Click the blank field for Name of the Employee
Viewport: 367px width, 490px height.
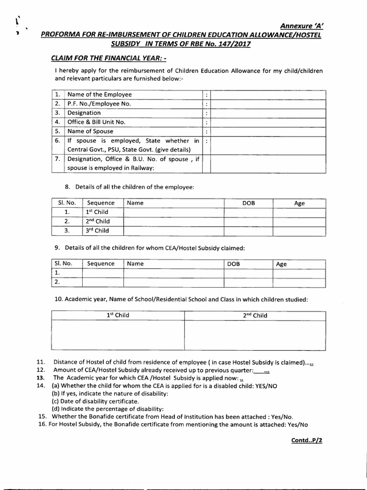pos(268,95)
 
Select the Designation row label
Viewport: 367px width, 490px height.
pos(85,113)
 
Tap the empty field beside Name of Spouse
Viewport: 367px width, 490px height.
pos(268,131)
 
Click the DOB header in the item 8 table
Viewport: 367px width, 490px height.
pos(248,203)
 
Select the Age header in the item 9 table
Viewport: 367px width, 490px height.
pos(281,264)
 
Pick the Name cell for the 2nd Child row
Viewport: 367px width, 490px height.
pos(173,222)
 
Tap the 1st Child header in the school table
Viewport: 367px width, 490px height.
pos(118,315)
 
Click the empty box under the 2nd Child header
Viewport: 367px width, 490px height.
pos(255,335)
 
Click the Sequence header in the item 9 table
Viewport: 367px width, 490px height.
pos(101,264)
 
